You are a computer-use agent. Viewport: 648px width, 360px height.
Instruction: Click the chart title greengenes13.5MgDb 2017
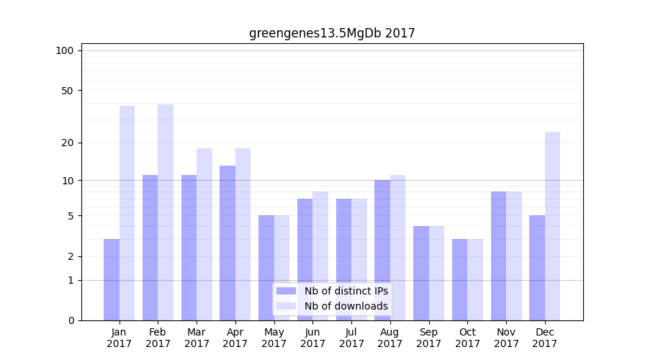332,33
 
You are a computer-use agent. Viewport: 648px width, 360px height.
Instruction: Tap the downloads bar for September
436,273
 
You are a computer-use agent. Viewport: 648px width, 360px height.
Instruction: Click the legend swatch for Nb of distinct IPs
286,291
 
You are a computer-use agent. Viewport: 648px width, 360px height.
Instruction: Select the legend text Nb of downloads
346,306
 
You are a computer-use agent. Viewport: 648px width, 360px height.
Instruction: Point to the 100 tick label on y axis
65,50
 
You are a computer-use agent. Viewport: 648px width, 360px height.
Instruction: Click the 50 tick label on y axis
67,91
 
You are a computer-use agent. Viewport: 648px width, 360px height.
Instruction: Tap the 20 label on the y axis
67,143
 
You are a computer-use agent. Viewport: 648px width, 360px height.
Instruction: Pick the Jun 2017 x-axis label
312,338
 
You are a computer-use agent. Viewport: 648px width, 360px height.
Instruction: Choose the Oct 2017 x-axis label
467,338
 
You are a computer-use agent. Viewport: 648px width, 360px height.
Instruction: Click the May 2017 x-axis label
274,338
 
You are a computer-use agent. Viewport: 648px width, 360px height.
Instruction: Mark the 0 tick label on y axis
71,320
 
